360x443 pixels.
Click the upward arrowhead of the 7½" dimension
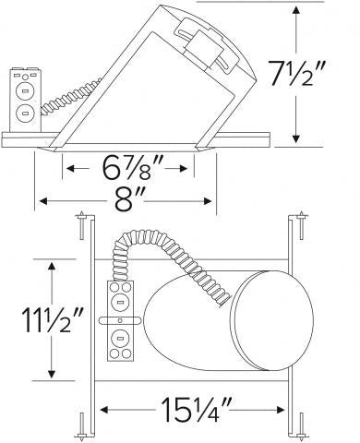[x=296, y=11]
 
